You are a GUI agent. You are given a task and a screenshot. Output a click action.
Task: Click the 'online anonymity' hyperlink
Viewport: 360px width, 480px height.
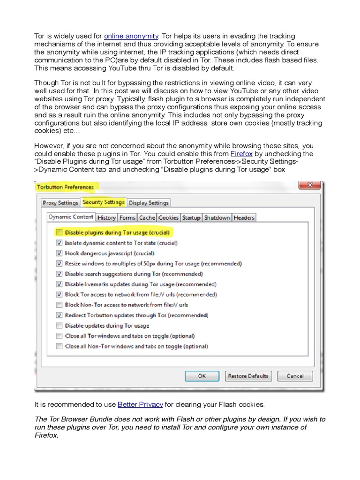[x=131, y=36]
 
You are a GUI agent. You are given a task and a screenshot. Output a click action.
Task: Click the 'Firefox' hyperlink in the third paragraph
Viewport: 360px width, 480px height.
[x=241, y=154]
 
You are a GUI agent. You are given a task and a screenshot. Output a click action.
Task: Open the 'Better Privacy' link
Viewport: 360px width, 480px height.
[x=140, y=404]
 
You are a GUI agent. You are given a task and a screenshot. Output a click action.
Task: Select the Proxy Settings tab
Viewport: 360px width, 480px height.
[x=60, y=203]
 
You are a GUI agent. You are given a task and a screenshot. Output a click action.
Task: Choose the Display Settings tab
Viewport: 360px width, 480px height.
[x=149, y=203]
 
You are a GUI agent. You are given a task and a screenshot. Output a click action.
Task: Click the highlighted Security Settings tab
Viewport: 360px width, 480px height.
[x=104, y=202]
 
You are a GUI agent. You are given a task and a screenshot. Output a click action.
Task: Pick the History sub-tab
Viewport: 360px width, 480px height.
[x=106, y=217]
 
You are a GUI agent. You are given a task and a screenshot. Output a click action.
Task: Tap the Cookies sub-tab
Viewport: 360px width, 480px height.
[x=168, y=217]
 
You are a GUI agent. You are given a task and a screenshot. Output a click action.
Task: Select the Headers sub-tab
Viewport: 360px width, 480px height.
[x=244, y=217]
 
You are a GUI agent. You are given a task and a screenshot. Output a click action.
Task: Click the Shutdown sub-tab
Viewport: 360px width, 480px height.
[x=217, y=217]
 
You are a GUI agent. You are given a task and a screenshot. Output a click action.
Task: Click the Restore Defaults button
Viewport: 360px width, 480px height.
[x=248, y=376]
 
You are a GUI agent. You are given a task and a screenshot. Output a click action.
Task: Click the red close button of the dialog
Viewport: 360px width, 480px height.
[x=309, y=186]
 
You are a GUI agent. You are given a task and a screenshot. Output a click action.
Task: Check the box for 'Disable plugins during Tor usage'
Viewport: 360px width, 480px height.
[x=59, y=232]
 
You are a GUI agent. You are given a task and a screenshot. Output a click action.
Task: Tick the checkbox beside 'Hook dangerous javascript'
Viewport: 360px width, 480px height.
[x=59, y=253]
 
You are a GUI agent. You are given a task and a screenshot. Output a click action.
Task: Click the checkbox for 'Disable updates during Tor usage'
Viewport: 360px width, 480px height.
[x=59, y=326]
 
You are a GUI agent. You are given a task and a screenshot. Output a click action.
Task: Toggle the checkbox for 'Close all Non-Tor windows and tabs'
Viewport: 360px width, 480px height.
[x=59, y=346]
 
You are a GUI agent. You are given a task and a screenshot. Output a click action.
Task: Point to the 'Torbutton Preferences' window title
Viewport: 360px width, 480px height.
[x=65, y=187]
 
